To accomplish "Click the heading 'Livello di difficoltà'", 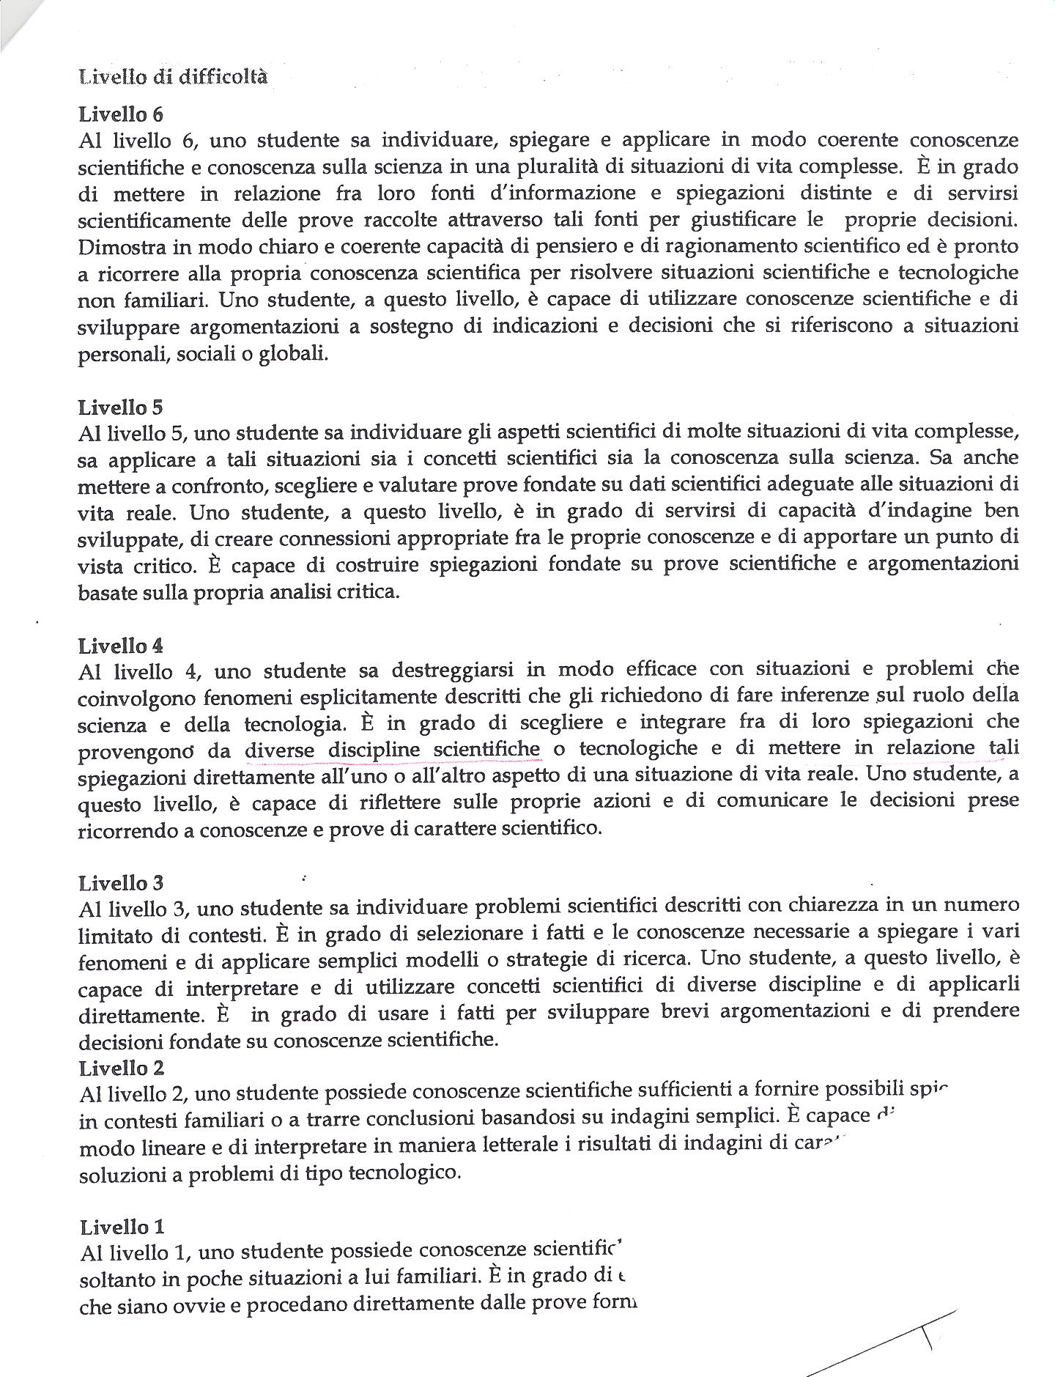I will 172,77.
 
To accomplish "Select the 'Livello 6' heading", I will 120,114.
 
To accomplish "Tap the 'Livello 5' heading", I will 120,407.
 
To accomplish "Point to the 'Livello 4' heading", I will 120,646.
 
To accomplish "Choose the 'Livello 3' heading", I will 120,883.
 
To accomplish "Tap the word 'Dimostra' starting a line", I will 114,247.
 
